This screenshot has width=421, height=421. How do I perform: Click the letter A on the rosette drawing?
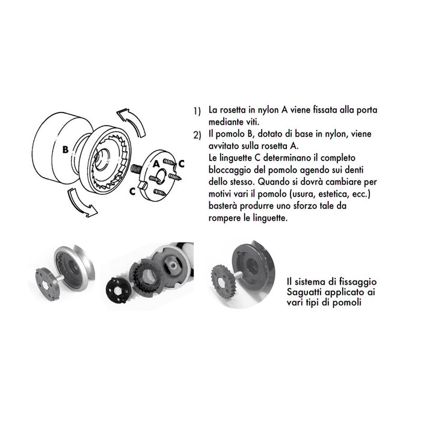click(x=155, y=162)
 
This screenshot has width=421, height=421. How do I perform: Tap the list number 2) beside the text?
click(x=197, y=135)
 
